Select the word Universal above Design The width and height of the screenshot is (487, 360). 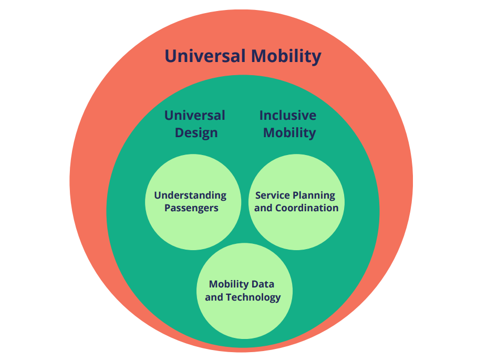194,116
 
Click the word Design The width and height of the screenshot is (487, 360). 196,132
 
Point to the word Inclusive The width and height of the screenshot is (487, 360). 288,116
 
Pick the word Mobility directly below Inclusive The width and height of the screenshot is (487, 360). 289,132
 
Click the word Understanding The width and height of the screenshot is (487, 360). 190,196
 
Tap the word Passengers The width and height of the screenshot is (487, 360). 191,208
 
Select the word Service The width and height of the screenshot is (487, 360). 272,196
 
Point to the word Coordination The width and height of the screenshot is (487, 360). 307,208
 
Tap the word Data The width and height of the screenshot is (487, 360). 263,284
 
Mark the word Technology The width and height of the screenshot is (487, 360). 253,297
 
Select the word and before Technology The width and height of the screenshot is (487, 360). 214,297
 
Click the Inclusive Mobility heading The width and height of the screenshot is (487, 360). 288,124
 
